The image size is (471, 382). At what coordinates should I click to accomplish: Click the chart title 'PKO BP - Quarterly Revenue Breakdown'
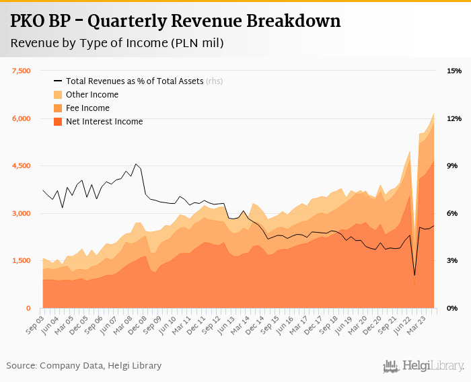tap(175, 22)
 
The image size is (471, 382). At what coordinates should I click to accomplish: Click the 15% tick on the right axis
tap(453, 71)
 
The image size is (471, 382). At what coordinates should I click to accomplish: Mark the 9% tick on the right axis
tap(453, 166)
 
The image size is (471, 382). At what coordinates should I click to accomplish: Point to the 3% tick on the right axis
tap(453, 261)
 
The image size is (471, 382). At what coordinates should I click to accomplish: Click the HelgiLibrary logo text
tap(430, 367)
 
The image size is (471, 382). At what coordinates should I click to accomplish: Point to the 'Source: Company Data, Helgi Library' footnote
tap(84, 366)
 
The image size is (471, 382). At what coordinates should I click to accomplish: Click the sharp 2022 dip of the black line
tap(414, 275)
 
